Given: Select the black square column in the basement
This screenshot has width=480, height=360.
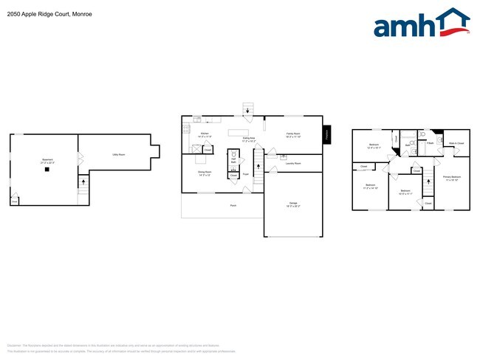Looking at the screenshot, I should (47, 169).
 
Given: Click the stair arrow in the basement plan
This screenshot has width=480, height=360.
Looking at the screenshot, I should (83, 179).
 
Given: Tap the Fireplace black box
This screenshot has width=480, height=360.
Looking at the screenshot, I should (327, 135).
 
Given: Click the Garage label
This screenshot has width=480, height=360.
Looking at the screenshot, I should (293, 204).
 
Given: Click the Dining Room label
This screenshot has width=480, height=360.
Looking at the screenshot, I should (205, 174).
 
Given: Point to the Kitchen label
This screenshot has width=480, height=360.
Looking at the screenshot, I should (205, 135).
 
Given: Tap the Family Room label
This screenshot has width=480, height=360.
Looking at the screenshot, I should (293, 135).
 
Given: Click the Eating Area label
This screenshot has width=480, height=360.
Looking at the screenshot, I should (249, 139).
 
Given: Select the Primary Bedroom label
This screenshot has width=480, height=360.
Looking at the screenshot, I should (451, 178).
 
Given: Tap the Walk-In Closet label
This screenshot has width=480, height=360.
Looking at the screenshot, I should (456, 142).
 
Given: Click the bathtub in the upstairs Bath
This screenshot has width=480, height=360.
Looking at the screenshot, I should (397, 137).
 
